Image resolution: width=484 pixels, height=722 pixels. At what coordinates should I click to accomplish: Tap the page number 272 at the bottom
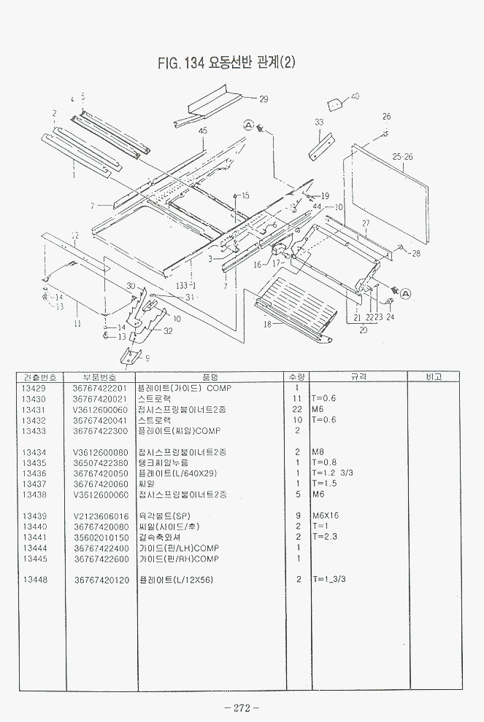click(x=242, y=707)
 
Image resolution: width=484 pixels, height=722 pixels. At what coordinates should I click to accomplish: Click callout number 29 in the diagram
click(x=264, y=99)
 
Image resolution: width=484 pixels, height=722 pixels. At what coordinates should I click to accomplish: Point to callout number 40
click(x=355, y=96)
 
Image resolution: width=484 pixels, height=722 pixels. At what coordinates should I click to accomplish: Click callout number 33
click(x=319, y=123)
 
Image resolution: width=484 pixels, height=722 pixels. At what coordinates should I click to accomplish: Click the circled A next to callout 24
click(x=405, y=293)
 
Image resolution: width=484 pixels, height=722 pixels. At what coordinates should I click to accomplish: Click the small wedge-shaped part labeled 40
click(x=334, y=104)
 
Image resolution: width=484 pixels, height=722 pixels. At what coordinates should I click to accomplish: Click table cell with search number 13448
click(x=34, y=580)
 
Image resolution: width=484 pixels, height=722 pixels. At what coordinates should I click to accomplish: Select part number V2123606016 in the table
click(x=100, y=516)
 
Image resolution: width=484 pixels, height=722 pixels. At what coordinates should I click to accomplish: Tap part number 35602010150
click(x=100, y=537)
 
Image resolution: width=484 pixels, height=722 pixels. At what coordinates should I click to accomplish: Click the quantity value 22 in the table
click(x=297, y=409)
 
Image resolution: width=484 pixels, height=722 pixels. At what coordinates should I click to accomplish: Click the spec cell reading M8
click(x=317, y=452)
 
